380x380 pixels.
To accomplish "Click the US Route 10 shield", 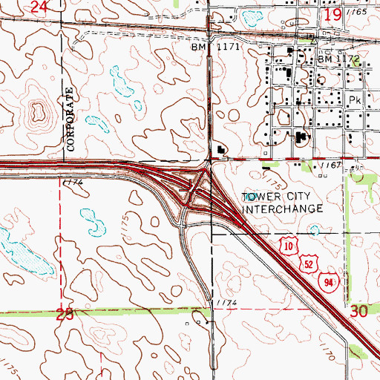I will pyautogui.click(x=289, y=244).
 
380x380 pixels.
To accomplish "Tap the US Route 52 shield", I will pyautogui.click(x=309, y=263).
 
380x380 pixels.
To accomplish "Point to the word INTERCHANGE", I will pyautogui.click(x=284, y=209).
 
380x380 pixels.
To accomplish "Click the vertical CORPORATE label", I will pyautogui.click(x=71, y=119).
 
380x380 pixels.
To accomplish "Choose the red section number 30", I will pyautogui.click(x=358, y=312).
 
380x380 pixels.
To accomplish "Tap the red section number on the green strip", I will pyautogui.click(x=65, y=314).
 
